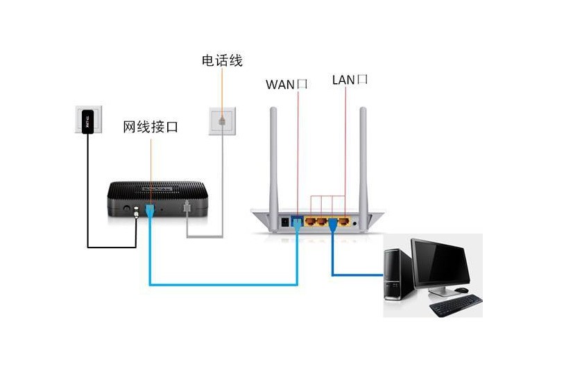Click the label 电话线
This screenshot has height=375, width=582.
point(222,61)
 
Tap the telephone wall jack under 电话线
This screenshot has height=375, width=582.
point(221,119)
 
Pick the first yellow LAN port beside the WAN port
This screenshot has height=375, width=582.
point(310,222)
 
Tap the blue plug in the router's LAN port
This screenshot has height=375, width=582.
point(334,223)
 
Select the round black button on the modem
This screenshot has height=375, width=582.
point(128,207)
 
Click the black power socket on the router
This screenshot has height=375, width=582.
point(285,223)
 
